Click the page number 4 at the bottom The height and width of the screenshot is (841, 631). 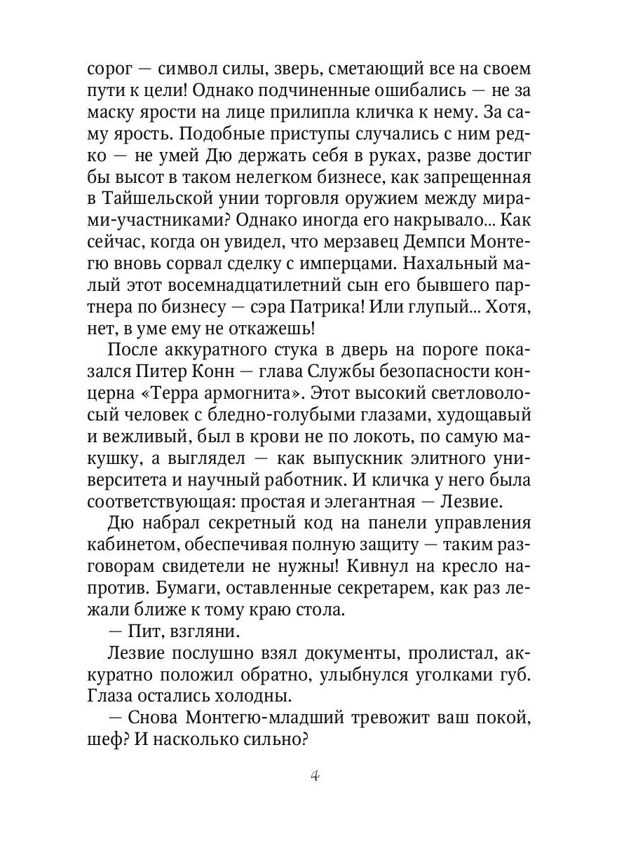tap(315, 777)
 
